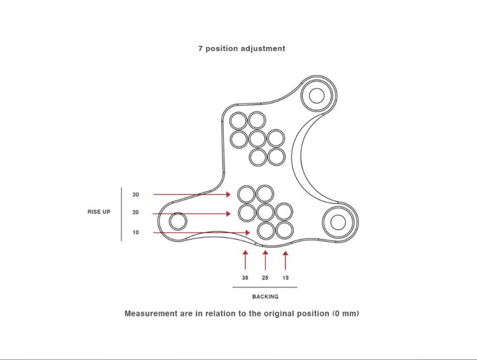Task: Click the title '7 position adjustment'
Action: pos(242,48)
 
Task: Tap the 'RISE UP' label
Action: pos(99,211)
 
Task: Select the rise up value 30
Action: pos(136,194)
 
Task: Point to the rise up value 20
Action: pos(136,212)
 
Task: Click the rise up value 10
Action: pos(136,233)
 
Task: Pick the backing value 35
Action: pos(245,278)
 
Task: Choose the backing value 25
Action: pos(265,278)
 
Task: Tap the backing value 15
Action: pos(286,278)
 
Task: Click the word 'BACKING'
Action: pos(265,296)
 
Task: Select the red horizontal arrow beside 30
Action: pos(192,194)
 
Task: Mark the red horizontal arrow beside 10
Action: pos(201,233)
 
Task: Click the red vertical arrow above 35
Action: pos(245,260)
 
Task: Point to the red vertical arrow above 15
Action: pos(286,260)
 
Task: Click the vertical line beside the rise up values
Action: pos(121,214)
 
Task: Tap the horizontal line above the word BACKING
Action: pos(265,287)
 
